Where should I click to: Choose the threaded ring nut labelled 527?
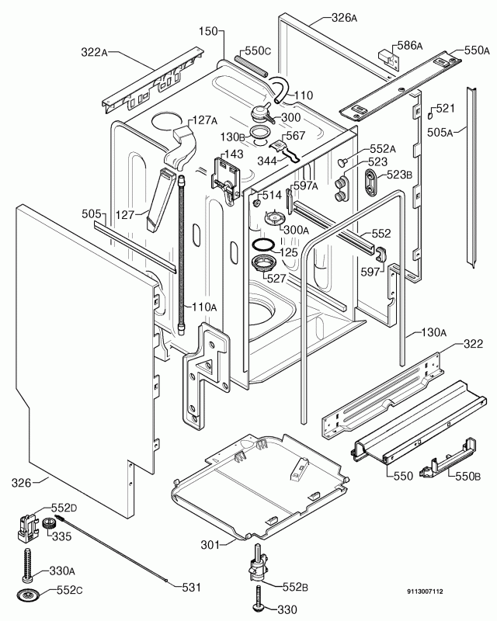click(258, 266)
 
